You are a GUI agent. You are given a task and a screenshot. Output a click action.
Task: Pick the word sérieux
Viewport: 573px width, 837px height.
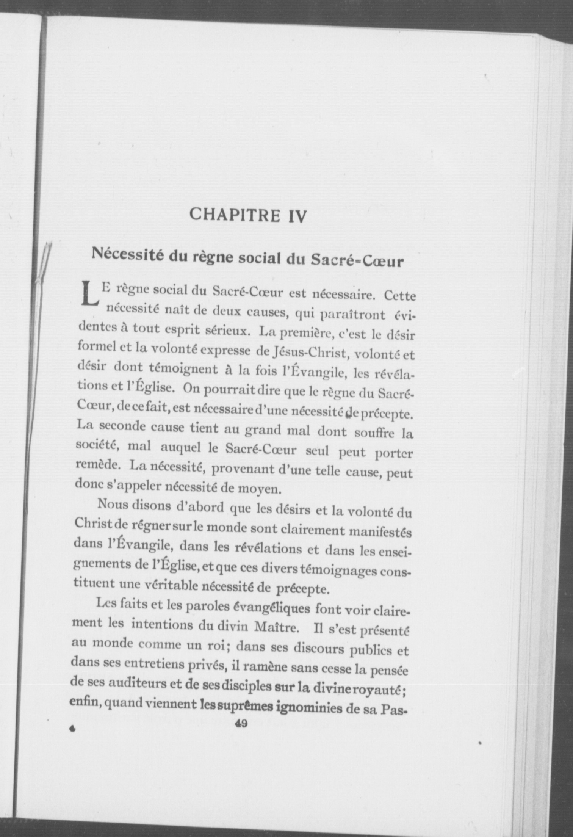(x=226, y=332)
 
